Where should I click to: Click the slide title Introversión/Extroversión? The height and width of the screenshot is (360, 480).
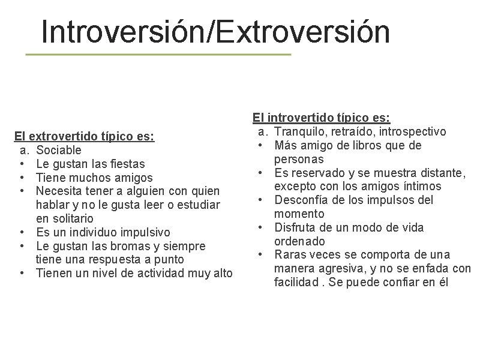(215, 32)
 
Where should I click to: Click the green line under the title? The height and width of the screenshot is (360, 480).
(158, 54)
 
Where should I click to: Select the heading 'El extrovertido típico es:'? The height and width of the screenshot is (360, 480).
(85, 136)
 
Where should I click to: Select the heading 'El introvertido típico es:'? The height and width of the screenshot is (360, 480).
(322, 118)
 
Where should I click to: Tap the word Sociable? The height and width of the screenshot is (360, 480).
(59, 149)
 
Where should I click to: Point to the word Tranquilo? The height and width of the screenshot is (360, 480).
(303, 131)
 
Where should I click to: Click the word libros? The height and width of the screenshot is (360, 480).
(364, 145)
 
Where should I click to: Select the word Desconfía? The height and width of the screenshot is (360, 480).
(302, 200)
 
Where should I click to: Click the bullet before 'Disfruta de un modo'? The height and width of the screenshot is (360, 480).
(262, 227)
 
